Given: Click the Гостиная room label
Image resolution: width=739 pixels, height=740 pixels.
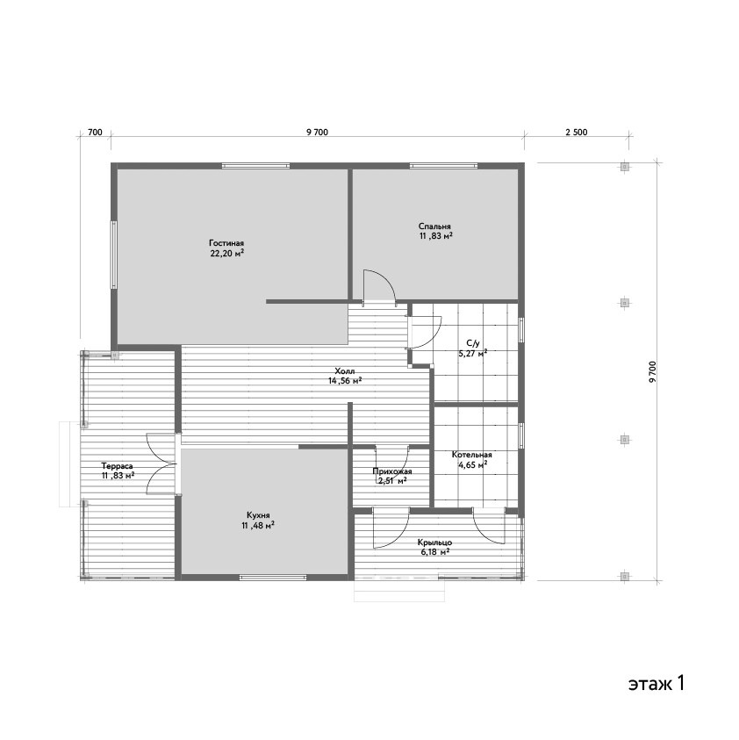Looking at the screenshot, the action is pyautogui.click(x=226, y=243).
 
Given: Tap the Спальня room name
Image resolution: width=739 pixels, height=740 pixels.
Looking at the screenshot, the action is pyautogui.click(x=434, y=226).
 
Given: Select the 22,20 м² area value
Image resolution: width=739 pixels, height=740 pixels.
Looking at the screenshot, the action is pyautogui.click(x=227, y=254).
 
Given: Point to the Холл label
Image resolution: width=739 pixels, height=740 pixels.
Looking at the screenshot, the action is pyautogui.click(x=345, y=371).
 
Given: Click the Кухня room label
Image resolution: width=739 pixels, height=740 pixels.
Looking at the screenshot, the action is pyautogui.click(x=258, y=515).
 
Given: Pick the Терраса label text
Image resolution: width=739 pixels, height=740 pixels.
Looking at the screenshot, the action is pyautogui.click(x=117, y=466).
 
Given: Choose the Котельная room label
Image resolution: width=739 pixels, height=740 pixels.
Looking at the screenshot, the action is pyautogui.click(x=472, y=455).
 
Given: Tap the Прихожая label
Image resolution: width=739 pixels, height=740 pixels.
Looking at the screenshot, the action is pyautogui.click(x=392, y=471).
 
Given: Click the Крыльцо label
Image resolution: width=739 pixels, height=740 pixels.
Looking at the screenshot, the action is pyautogui.click(x=434, y=542).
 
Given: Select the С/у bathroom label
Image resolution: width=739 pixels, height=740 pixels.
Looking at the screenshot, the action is pyautogui.click(x=472, y=343).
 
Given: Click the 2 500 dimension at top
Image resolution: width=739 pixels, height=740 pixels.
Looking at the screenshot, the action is pyautogui.click(x=577, y=133).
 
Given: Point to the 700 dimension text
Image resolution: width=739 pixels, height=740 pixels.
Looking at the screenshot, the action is pyautogui.click(x=95, y=133).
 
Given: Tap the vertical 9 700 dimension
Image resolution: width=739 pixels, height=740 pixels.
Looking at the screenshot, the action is pyautogui.click(x=653, y=372).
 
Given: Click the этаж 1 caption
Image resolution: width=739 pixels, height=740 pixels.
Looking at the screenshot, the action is pyautogui.click(x=656, y=683).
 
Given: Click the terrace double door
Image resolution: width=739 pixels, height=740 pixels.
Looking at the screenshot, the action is pyautogui.click(x=161, y=463).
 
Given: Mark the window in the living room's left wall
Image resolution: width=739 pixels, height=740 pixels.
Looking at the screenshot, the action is pyautogui.click(x=114, y=255).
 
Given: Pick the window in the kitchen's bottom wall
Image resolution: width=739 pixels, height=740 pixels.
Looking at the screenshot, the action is pyautogui.click(x=273, y=578).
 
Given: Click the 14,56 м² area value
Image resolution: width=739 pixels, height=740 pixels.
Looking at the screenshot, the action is pyautogui.click(x=345, y=381).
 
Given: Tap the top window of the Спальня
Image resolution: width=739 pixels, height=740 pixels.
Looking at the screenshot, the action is pyautogui.click(x=443, y=166).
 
